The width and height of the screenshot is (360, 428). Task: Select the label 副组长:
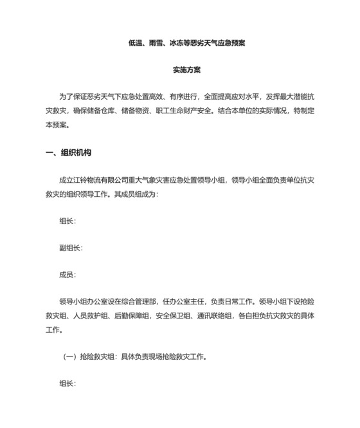click(x=71, y=248)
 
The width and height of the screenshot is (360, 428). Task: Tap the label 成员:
click(x=67, y=275)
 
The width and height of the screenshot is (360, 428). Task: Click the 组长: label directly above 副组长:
click(x=67, y=221)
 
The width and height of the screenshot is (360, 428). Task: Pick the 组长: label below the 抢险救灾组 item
click(x=67, y=384)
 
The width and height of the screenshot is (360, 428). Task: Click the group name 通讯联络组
click(x=222, y=316)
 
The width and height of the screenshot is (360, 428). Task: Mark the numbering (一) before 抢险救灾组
click(x=69, y=357)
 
